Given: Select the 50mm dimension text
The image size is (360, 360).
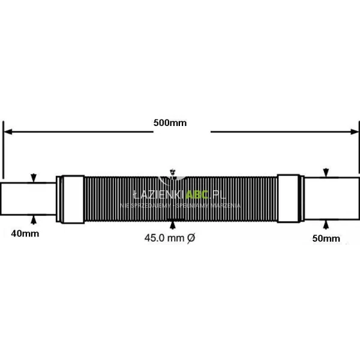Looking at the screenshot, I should (x=326, y=238).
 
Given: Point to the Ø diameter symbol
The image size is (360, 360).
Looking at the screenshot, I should (x=191, y=238).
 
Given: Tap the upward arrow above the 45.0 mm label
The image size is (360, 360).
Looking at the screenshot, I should (x=173, y=225).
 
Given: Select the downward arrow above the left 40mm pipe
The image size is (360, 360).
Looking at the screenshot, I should (x=34, y=178).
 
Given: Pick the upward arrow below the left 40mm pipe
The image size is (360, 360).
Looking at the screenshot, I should (x=34, y=217).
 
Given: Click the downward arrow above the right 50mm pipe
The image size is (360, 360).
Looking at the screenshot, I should (x=326, y=173).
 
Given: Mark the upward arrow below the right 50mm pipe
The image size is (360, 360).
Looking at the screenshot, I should (x=326, y=223).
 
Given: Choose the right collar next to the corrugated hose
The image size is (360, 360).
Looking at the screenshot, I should (x=290, y=198).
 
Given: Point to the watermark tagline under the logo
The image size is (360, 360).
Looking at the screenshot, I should (x=180, y=205).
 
